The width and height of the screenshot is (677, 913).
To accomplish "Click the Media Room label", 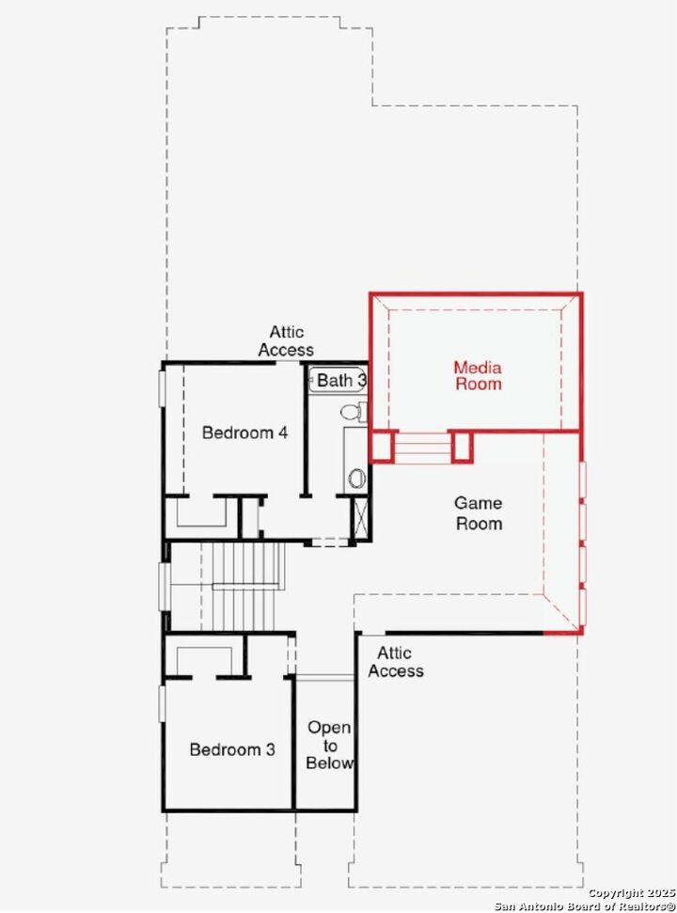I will click(478, 375).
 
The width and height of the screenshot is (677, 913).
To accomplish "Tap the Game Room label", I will click(479, 513).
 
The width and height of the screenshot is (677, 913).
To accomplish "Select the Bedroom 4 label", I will click(244, 433).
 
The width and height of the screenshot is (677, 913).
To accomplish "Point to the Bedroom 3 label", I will click(232, 749).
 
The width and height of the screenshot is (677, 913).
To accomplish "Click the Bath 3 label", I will click(340, 380).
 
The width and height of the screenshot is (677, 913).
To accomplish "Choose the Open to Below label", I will click(329, 745).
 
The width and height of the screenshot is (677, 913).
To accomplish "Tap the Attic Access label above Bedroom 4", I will click(286, 340).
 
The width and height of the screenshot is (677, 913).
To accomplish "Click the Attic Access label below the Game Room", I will click(395, 661).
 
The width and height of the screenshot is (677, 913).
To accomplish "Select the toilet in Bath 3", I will click(352, 412).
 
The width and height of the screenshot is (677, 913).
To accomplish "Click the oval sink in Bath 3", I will click(356, 477).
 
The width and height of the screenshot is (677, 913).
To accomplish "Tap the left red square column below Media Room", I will click(381, 447).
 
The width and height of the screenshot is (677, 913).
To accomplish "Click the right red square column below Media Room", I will click(462, 447).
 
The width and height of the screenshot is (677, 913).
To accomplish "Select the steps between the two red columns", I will click(421, 448).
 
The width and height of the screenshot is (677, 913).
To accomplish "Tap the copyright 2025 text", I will click(629, 891).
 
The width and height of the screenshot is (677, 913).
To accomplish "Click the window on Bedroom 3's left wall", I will click(162, 703).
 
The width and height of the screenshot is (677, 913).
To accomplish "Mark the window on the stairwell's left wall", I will click(164, 587).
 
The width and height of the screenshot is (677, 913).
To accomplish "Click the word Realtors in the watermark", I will click(639, 905).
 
